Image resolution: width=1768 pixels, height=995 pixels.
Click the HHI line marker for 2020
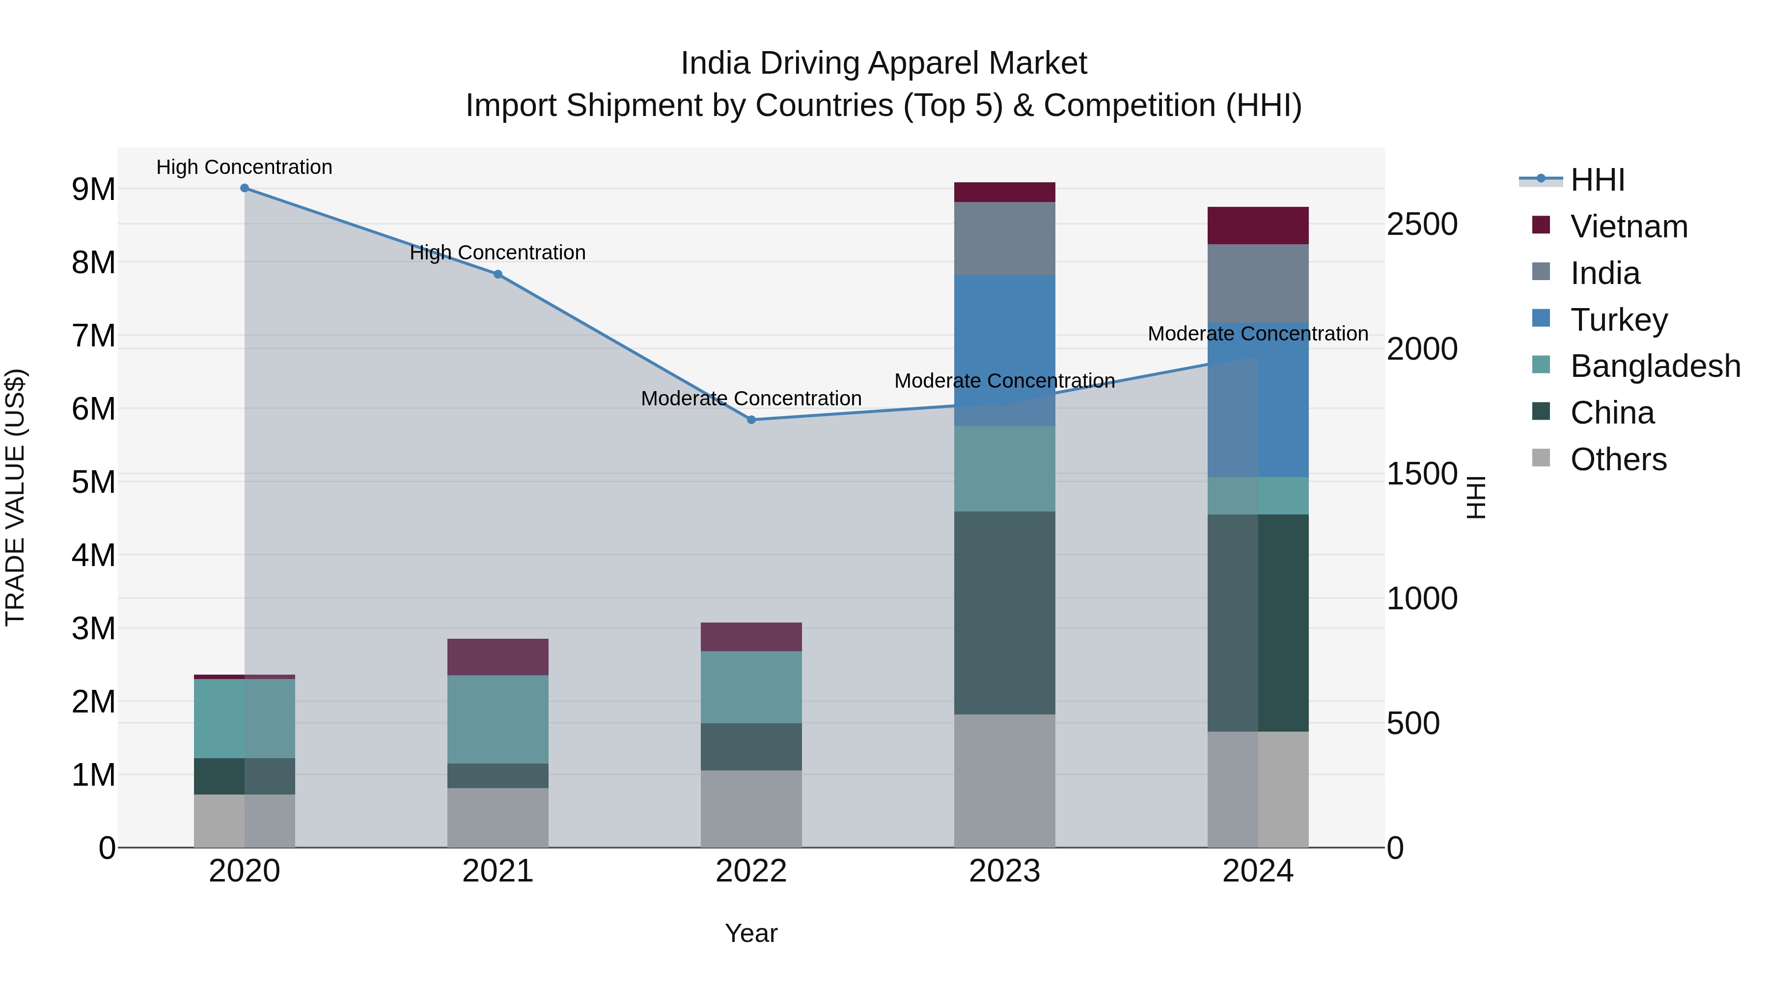pos(245,188)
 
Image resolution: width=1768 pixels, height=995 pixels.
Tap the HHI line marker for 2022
pos(751,420)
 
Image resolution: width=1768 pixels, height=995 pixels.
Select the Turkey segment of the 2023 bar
pos(1004,350)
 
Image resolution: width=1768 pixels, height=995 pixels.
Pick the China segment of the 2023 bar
pos(1004,613)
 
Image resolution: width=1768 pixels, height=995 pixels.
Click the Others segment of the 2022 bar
pos(751,808)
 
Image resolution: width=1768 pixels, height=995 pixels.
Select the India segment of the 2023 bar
pos(1004,238)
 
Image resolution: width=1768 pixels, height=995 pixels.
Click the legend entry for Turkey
pos(1618,320)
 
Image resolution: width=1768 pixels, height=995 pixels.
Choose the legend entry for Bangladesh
pos(1654,366)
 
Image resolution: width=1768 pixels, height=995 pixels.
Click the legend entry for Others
pos(1618,459)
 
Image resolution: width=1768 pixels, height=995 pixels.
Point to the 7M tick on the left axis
pos(94,336)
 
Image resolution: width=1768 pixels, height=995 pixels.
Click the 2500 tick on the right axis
pos(1421,225)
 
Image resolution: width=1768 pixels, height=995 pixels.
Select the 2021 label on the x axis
pos(497,871)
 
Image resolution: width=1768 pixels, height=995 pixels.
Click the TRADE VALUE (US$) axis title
pos(15,497)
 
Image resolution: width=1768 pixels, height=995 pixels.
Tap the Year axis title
pos(751,933)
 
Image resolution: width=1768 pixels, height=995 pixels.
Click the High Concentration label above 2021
pos(497,253)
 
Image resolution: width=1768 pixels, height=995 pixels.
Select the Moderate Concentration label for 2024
pos(1257,334)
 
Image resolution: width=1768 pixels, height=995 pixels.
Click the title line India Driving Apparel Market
pos(884,63)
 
